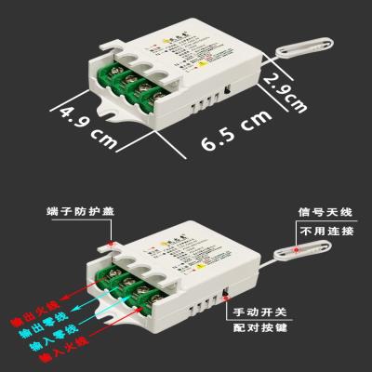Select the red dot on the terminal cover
[111, 244]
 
